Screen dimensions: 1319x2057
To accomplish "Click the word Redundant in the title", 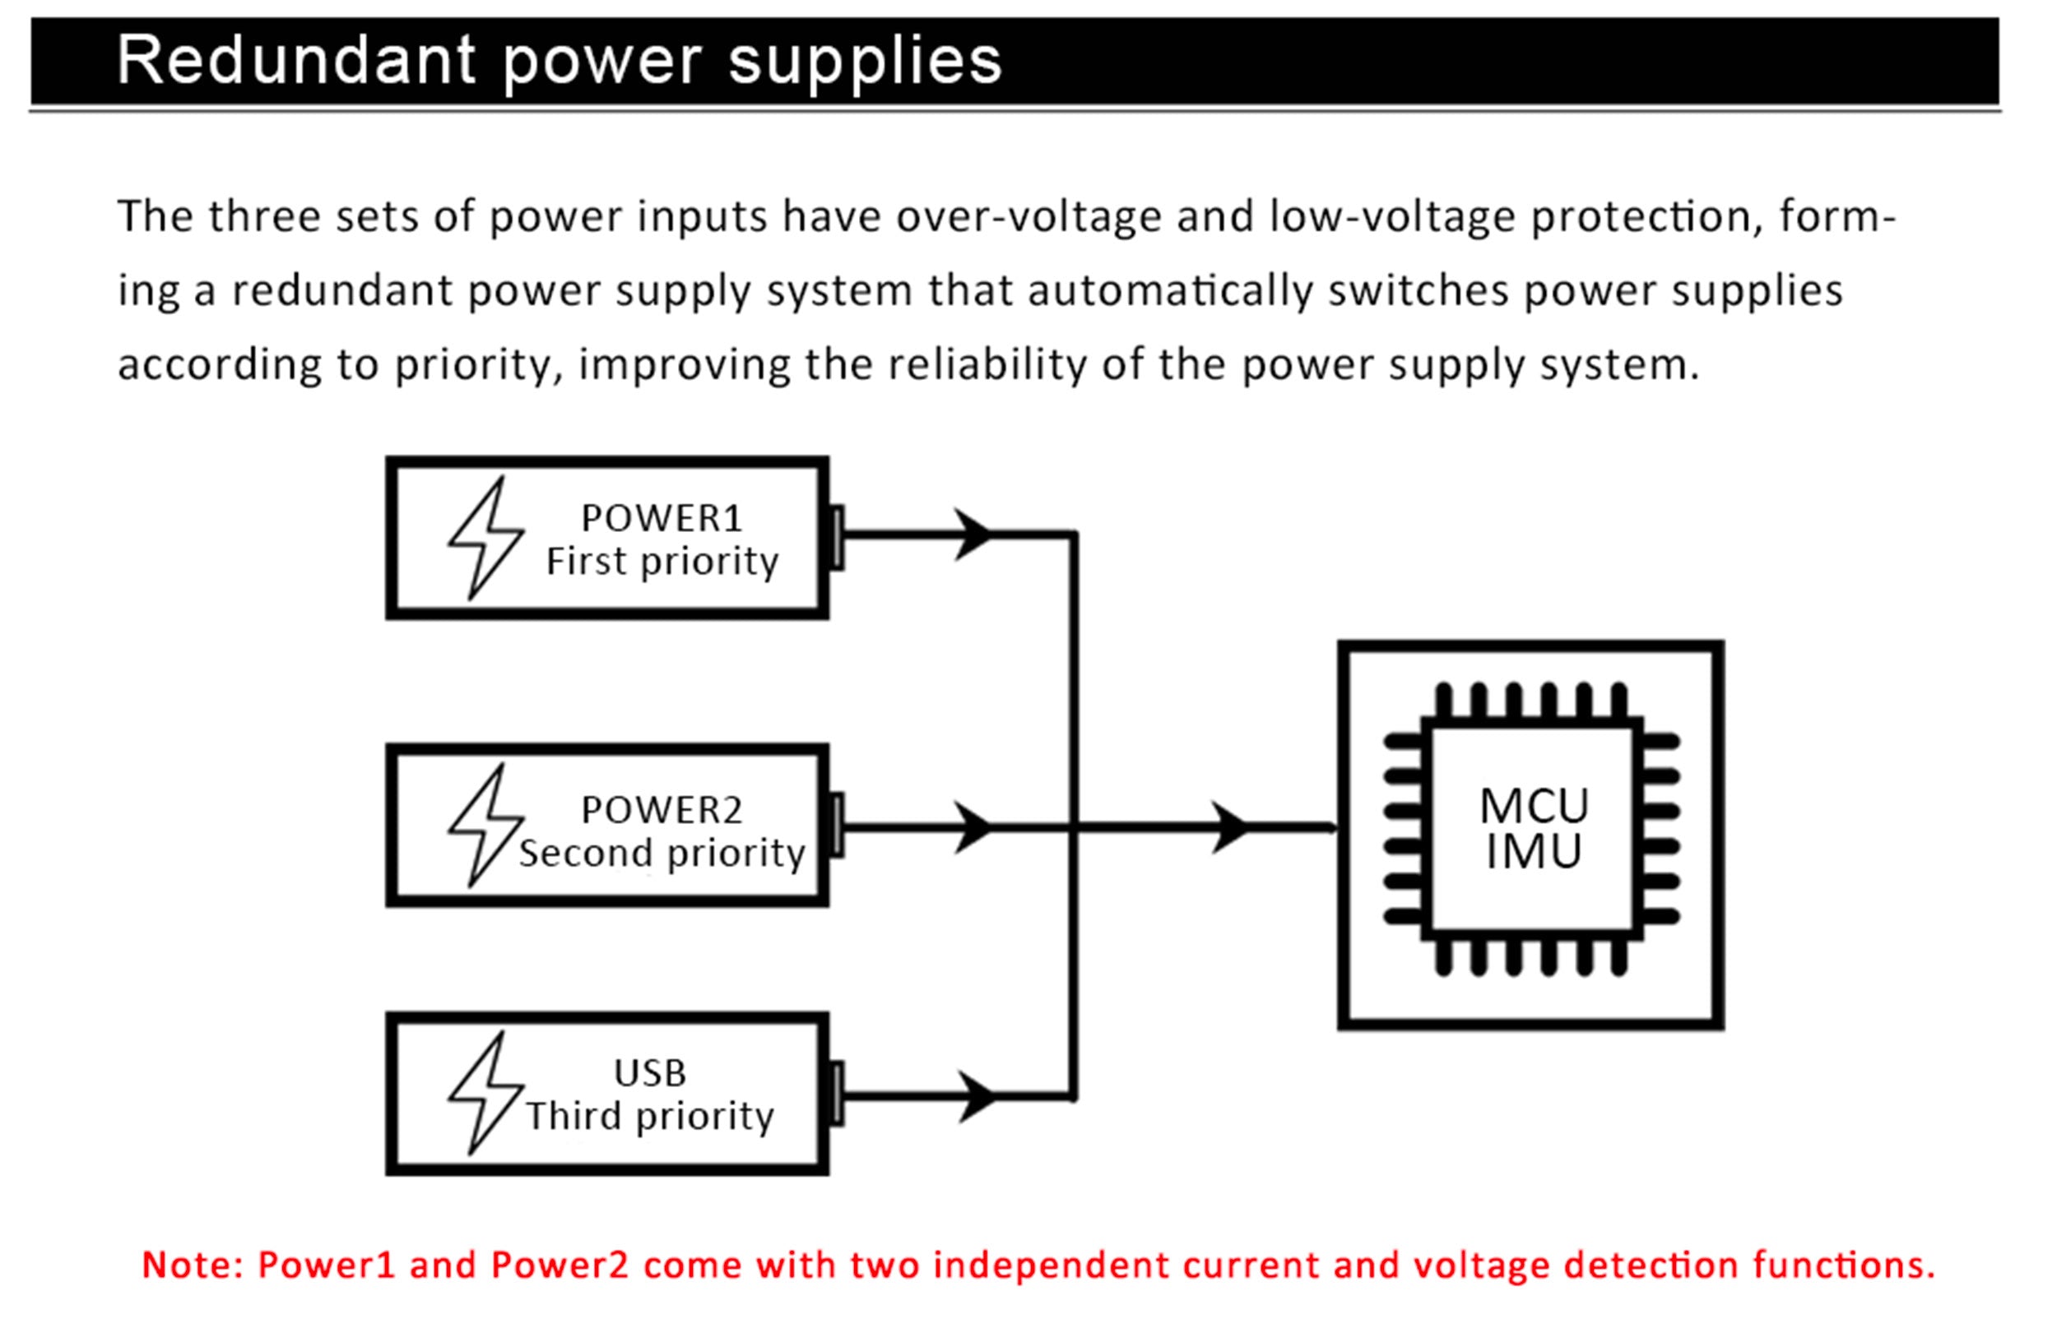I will [295, 61].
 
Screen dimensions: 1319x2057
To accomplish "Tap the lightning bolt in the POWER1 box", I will [485, 537].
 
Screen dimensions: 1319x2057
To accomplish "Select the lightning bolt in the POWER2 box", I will [485, 824].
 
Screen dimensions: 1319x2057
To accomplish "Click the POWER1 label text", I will [662, 518].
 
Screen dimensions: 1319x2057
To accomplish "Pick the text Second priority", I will [662, 853].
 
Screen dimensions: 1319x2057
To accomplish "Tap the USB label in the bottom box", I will [649, 1073].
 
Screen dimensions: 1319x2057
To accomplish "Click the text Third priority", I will [649, 1117].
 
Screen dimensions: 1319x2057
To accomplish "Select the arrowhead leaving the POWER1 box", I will [973, 535].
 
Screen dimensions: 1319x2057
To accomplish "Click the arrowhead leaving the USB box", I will [977, 1096].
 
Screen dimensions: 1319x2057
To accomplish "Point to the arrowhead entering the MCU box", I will [1230, 827].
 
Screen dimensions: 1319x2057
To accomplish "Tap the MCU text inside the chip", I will [1534, 806].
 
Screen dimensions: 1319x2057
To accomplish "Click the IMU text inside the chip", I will [1534, 852].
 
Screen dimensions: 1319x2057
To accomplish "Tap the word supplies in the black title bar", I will [866, 62].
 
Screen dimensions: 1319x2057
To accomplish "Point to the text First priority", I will [662, 562].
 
